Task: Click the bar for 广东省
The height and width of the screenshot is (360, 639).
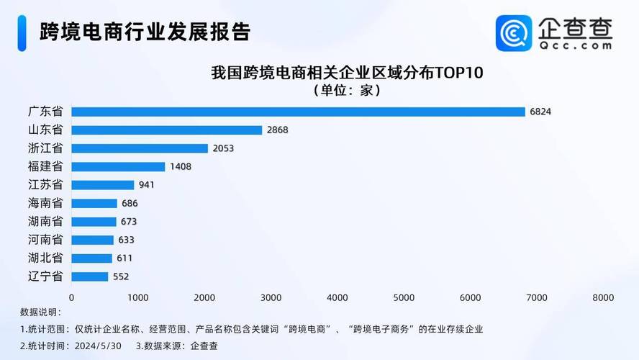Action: click(x=298, y=112)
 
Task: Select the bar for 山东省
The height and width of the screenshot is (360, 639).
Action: click(x=166, y=130)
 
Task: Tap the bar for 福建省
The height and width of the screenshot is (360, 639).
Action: click(x=118, y=166)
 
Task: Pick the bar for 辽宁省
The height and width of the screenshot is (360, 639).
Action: click(x=89, y=276)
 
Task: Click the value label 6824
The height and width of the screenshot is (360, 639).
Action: click(x=540, y=112)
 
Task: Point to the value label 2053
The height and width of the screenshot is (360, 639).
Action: click(x=223, y=148)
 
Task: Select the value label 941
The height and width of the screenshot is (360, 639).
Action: click(x=147, y=185)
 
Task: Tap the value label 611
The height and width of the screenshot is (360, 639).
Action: click(x=124, y=258)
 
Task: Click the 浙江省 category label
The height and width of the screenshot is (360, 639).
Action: click(x=45, y=148)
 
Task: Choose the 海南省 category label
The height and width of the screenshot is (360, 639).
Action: click(x=45, y=203)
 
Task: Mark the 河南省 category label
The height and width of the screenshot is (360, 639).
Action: click(x=45, y=240)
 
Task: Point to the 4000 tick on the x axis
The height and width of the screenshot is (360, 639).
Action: click(x=337, y=297)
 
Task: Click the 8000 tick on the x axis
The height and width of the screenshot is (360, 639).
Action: click(x=603, y=297)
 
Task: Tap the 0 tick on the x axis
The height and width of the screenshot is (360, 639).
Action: click(x=71, y=297)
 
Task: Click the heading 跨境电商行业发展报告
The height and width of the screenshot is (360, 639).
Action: click(x=145, y=32)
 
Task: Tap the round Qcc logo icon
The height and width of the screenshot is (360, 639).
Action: click(x=514, y=33)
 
